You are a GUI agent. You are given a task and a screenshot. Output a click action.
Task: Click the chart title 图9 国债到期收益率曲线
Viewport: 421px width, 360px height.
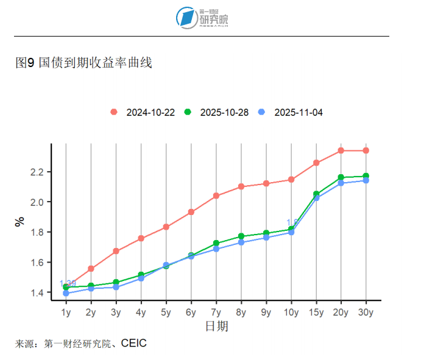click(x=83, y=63)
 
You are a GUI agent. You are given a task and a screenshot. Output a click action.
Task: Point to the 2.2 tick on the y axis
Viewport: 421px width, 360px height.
click(x=37, y=172)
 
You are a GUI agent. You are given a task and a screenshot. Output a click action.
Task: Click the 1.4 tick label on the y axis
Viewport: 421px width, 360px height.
click(x=37, y=293)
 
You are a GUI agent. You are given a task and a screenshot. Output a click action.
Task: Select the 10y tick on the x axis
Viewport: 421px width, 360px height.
click(x=291, y=313)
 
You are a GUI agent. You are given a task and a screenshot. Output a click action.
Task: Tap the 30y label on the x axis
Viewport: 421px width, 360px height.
click(x=366, y=313)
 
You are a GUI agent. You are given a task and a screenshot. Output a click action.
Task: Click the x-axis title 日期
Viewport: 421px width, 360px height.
click(x=216, y=327)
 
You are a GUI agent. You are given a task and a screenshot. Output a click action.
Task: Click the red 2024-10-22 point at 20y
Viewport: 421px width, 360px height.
click(x=341, y=150)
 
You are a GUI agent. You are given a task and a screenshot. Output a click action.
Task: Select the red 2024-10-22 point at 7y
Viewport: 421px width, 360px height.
click(x=216, y=196)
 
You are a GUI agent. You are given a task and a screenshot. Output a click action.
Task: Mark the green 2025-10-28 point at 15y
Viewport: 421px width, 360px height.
click(x=316, y=194)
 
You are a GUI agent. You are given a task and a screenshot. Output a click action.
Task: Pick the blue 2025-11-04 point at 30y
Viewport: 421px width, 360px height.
click(x=366, y=180)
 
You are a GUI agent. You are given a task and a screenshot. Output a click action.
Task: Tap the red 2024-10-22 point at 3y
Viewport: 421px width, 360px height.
click(x=116, y=251)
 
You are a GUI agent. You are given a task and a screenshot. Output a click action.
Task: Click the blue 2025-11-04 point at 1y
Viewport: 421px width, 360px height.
click(x=66, y=294)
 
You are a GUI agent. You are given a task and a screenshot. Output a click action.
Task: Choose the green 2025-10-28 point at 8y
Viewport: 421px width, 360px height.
click(x=241, y=236)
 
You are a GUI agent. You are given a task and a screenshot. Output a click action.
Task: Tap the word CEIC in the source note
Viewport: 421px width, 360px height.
click(x=133, y=344)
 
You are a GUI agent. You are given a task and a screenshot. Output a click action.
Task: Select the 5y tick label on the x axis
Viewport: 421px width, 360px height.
click(x=166, y=313)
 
